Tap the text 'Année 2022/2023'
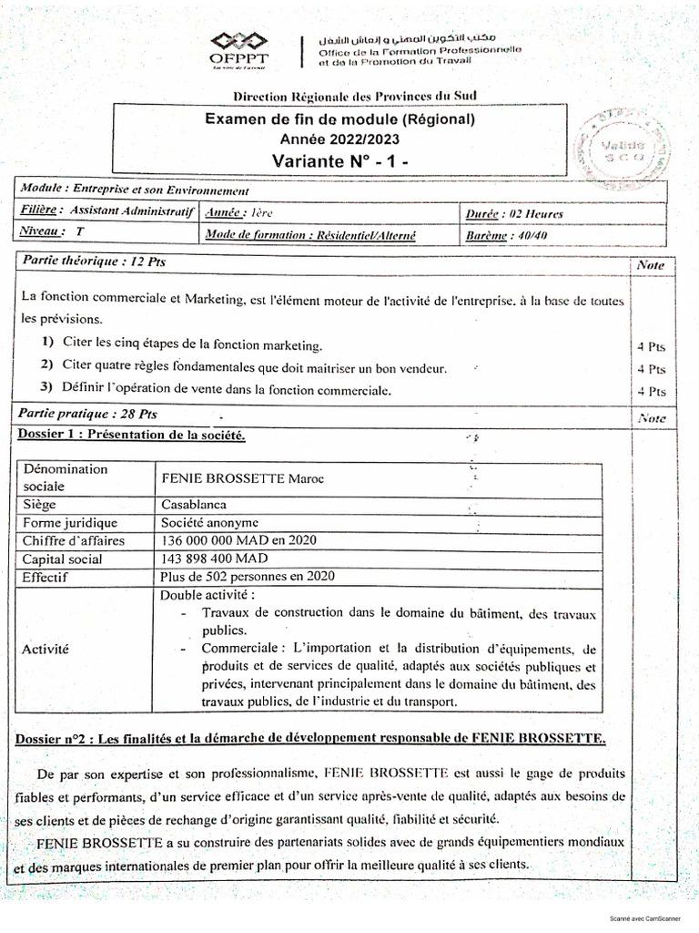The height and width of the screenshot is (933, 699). click(339, 138)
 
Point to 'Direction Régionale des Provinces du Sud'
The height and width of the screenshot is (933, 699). click(355, 97)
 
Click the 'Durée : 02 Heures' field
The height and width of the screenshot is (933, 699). click(513, 214)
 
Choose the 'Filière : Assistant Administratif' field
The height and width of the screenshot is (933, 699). click(107, 210)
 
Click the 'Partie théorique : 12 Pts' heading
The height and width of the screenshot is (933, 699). click(95, 261)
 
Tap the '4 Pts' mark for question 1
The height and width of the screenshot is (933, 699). click(652, 346)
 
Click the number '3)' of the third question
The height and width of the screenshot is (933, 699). click(47, 389)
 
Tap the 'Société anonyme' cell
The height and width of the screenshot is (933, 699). click(209, 522)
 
